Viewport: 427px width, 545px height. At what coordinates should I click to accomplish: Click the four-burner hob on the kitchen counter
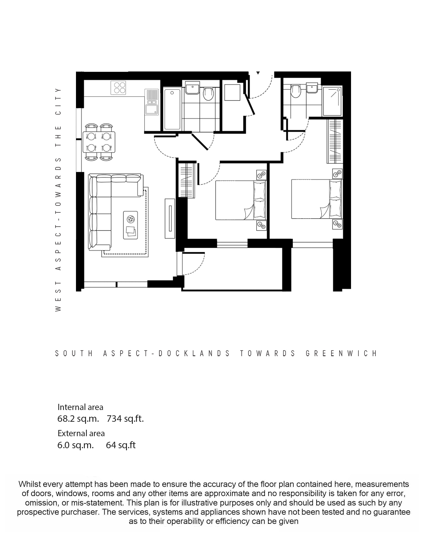(x=118, y=87)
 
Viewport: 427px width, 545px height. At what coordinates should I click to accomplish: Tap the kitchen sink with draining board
(x=152, y=102)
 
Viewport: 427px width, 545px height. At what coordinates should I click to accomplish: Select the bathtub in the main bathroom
(x=172, y=109)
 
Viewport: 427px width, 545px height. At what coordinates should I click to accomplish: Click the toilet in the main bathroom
(x=208, y=93)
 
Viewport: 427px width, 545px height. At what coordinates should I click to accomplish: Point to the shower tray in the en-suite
(x=333, y=101)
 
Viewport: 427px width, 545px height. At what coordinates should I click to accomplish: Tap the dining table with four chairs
(x=99, y=142)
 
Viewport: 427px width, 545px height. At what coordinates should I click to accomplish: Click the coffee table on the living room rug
(x=130, y=225)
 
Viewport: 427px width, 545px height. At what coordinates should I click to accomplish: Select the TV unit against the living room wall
(x=170, y=218)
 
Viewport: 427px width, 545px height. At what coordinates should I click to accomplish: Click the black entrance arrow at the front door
(x=258, y=73)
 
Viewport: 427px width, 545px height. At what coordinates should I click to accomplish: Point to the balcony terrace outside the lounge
(x=233, y=269)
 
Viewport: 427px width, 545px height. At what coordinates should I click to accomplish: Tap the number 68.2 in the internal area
(x=66, y=419)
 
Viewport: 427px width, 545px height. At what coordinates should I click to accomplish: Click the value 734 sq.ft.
(x=125, y=419)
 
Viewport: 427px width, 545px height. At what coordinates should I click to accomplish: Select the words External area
(x=81, y=433)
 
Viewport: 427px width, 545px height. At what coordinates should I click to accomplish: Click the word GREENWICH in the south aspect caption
(x=342, y=353)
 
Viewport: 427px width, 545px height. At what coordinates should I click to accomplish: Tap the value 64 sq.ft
(x=121, y=445)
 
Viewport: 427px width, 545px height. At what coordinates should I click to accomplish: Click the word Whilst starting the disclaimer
(x=30, y=484)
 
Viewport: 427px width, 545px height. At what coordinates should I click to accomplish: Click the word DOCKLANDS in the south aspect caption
(x=194, y=353)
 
